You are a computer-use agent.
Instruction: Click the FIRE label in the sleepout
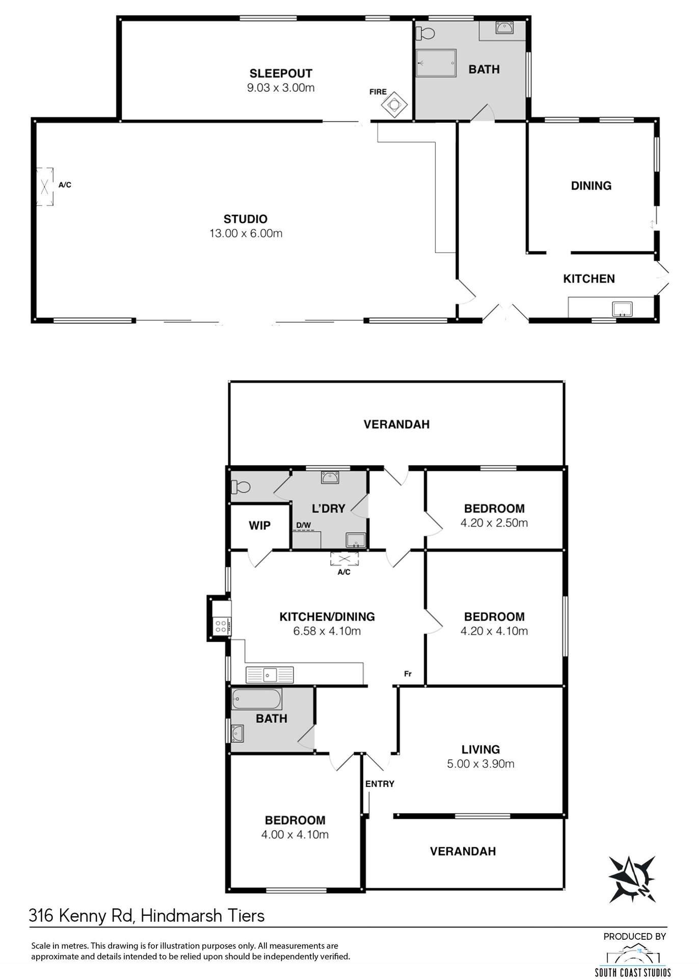378,92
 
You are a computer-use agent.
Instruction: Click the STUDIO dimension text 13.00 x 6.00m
246,234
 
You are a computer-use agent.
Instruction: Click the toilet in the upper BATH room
425,34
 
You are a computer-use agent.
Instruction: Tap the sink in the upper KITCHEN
622,309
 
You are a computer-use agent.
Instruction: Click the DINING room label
591,186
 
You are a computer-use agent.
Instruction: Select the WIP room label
259,525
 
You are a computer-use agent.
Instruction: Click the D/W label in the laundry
304,525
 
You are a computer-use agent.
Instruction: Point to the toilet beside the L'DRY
240,487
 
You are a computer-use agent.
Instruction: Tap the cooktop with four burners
221,626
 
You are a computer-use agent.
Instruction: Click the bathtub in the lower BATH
256,699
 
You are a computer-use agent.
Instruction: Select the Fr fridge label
408,674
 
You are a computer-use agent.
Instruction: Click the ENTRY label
380,784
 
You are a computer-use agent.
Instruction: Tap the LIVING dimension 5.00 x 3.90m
480,764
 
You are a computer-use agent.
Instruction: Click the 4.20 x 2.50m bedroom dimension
494,523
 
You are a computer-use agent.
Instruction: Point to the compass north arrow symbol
632,879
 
